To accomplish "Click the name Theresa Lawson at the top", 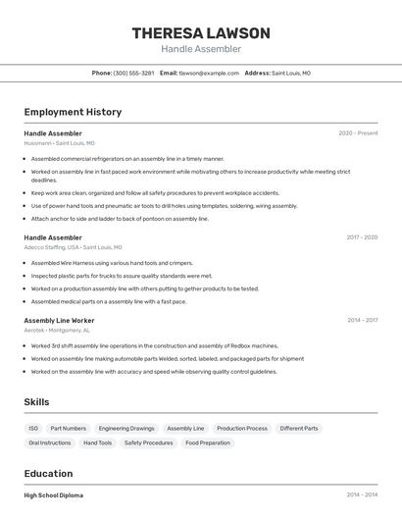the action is coord(201,33).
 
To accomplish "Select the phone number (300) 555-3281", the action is coord(133,73).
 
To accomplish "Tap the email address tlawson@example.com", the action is coord(209,73).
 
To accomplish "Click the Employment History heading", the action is coord(73,112).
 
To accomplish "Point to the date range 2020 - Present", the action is coord(358,133).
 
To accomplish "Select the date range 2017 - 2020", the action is coord(362,237).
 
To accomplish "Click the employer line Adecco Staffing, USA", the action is coord(65,247).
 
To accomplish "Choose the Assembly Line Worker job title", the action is coord(59,321).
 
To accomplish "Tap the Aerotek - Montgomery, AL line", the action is coord(57,331).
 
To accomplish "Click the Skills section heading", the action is coord(36,402).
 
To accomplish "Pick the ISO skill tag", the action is coord(33,429).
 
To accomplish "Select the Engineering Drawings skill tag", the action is coord(126,429).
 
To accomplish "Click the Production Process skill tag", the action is coord(242,429).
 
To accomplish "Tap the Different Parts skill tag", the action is coord(299,429).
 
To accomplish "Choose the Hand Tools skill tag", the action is coord(97,443).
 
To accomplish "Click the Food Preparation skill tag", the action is coord(208,443).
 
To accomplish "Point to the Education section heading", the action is coord(48,474).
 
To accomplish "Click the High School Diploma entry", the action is coord(54,495).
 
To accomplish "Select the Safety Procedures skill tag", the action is coord(148,443).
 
